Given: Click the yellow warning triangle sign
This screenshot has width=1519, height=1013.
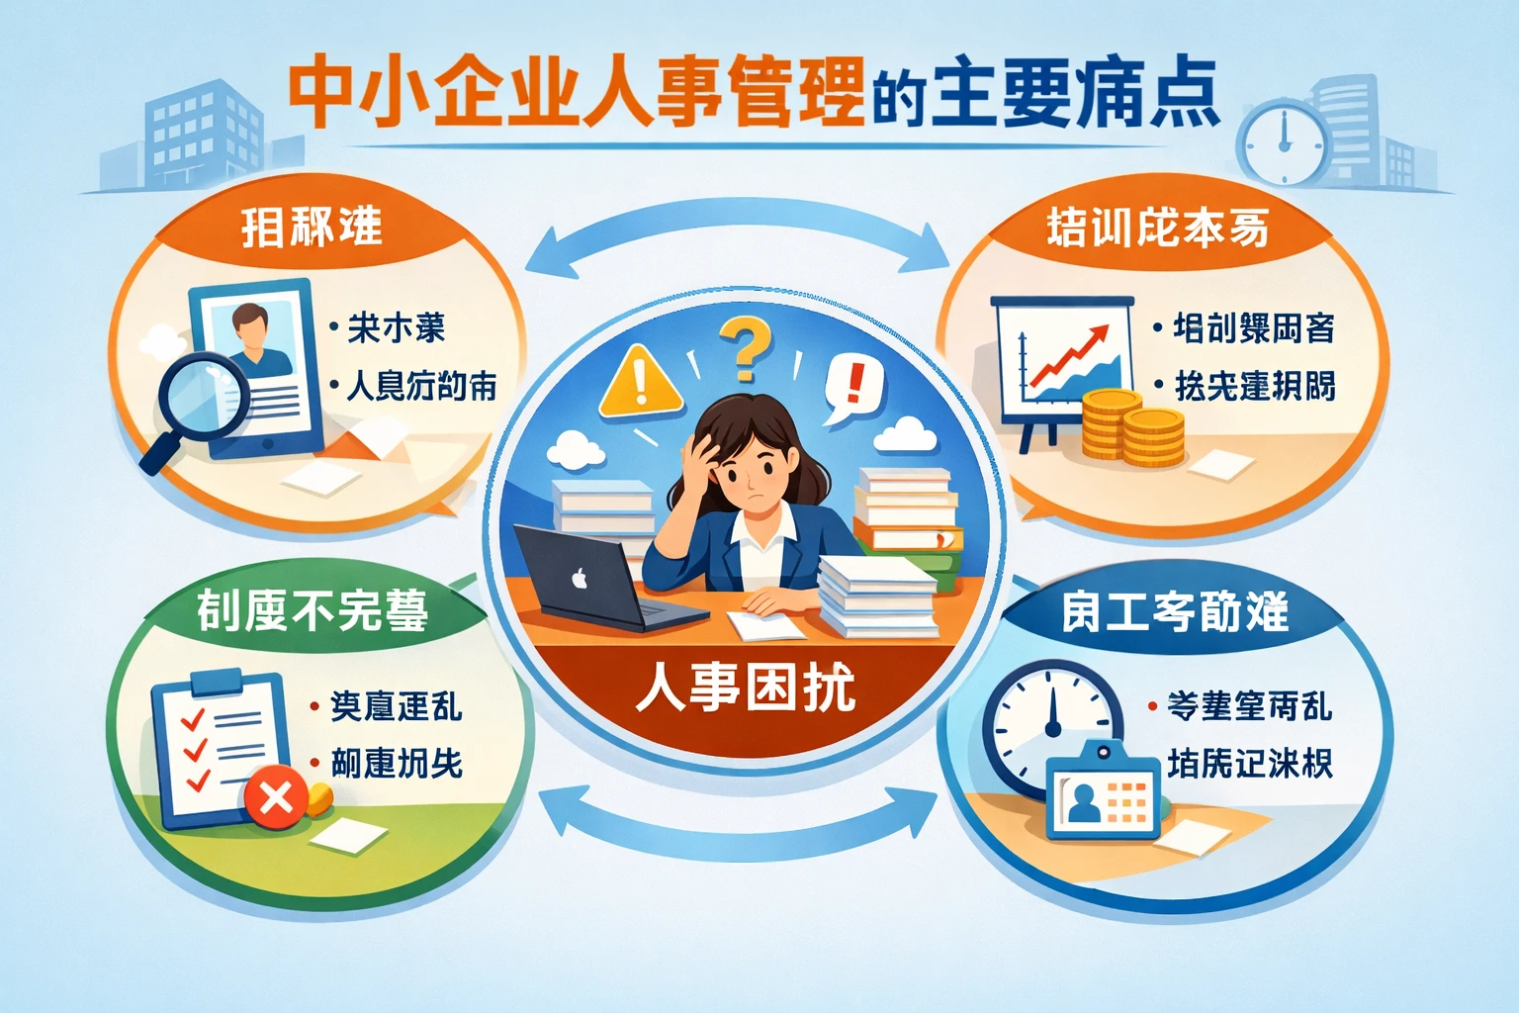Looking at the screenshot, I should pos(640,381).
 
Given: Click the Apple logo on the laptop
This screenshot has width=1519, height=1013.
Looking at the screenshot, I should pos(580,578).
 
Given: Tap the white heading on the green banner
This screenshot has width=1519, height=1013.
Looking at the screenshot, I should pos(312,610).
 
